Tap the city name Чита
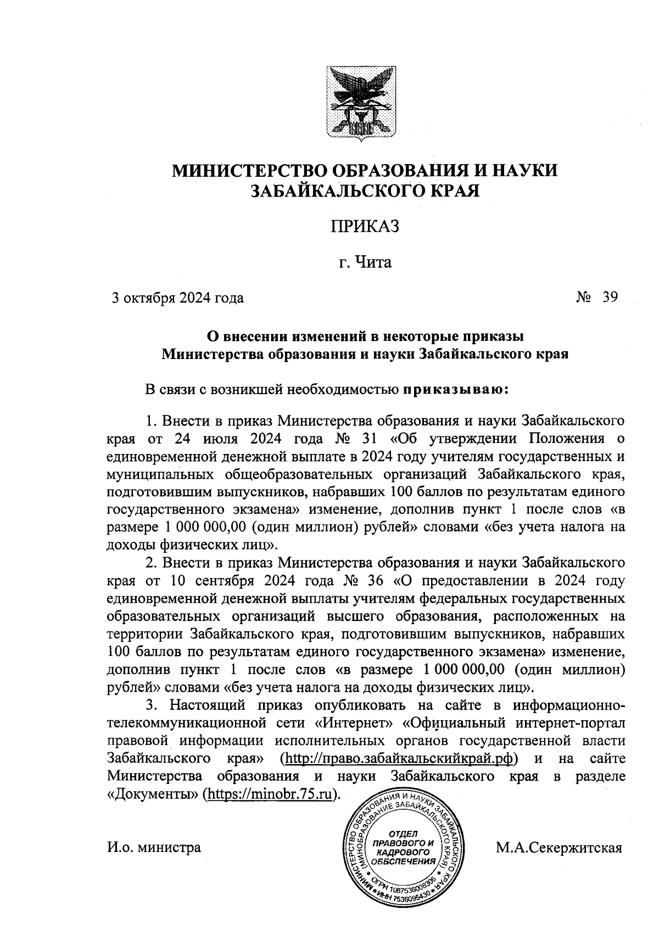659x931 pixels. click(x=375, y=263)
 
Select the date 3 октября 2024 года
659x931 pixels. click(x=177, y=298)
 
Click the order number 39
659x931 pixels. click(x=610, y=297)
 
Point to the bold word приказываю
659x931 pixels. click(x=457, y=390)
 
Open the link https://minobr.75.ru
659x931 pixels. click(x=269, y=794)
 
